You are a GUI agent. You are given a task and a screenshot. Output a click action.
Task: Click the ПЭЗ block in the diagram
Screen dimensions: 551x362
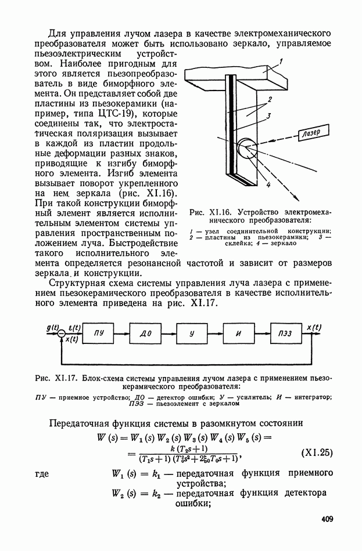(x=285, y=333)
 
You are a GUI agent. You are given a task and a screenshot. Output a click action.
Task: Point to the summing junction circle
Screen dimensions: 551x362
(x=62, y=333)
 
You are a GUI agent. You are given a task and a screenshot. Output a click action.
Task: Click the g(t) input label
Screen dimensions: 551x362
(x=52, y=327)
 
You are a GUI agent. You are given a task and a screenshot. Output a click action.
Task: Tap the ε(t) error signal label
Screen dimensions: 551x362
(x=74, y=327)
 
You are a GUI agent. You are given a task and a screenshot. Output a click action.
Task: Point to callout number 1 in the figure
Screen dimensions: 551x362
(x=280, y=62)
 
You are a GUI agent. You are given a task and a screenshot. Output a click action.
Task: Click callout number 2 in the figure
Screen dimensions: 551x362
(x=270, y=99)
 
